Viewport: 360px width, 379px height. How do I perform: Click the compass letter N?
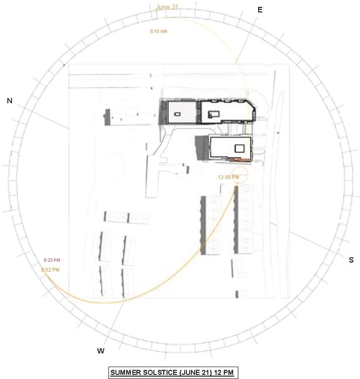coord(9,101)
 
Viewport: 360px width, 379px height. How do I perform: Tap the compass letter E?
coord(260,10)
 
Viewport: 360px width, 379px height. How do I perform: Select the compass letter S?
coord(351,260)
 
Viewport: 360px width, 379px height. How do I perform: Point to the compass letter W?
coord(101,350)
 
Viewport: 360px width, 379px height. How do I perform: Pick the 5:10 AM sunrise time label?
coord(158,31)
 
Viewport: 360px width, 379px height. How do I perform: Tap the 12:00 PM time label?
coord(228,177)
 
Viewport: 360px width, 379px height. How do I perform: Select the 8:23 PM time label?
coord(52,260)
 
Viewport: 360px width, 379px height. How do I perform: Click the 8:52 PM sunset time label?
coord(50,269)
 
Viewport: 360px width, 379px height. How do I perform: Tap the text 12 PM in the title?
coord(223,373)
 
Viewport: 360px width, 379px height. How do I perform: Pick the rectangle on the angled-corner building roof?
coord(214,113)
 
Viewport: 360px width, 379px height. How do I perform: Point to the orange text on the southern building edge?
coord(242,160)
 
